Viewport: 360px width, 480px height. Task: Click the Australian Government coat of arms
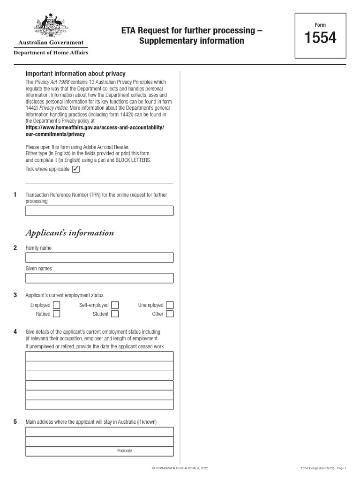tap(51, 26)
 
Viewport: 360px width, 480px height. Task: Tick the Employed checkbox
tap(57, 305)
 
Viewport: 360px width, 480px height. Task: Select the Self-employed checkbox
tap(115, 305)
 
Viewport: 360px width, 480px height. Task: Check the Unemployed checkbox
tap(170, 305)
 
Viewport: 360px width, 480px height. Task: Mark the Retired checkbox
tap(57, 314)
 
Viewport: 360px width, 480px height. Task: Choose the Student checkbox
tap(115, 314)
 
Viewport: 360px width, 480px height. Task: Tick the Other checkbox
tap(170, 314)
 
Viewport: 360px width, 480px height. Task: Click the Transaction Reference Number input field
tap(99, 211)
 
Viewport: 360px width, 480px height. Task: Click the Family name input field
tap(99, 258)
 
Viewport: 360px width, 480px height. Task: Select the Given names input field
tap(99, 278)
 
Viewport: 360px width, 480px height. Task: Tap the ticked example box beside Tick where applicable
tap(76, 169)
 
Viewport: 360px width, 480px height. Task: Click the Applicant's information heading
tap(69, 233)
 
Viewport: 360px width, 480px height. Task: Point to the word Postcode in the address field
tap(125, 451)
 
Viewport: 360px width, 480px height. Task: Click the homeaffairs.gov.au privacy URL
tap(95, 130)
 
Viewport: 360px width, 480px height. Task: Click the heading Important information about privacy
tap(75, 74)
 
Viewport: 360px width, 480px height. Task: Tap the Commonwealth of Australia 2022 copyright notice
tap(180, 468)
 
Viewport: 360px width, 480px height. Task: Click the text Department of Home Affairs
tap(51, 52)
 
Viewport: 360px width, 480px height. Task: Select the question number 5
tap(15, 422)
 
